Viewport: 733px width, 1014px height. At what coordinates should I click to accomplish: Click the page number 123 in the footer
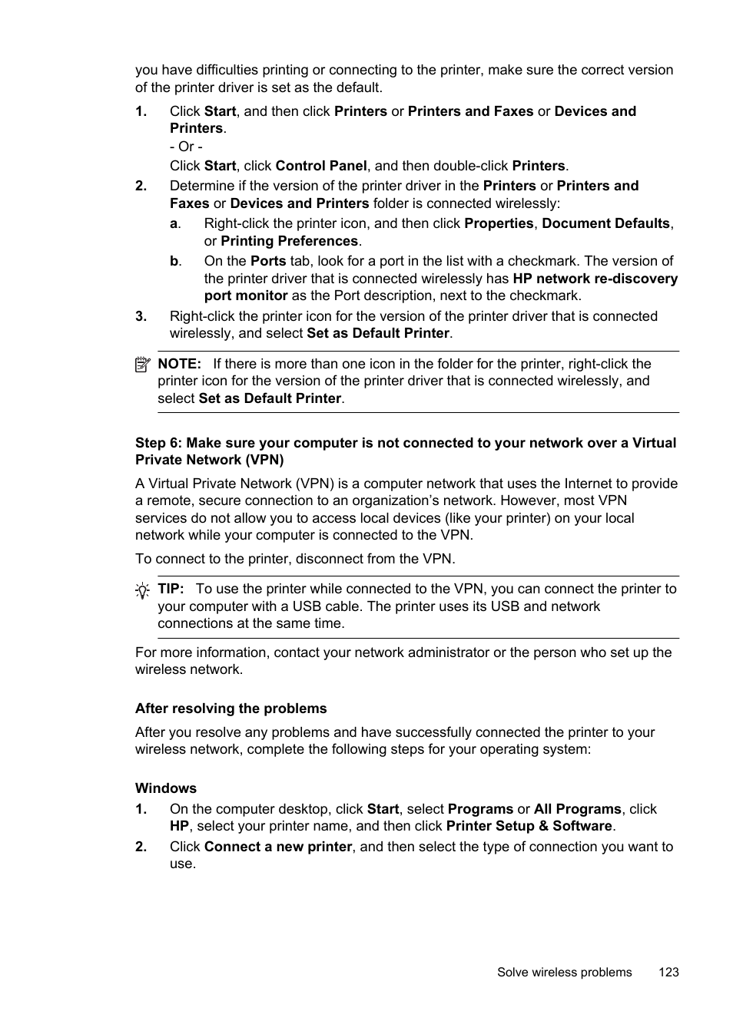[x=668, y=972]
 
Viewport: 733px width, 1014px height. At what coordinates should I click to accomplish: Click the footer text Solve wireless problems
[x=564, y=972]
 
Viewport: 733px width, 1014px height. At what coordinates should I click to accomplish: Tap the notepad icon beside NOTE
[x=142, y=365]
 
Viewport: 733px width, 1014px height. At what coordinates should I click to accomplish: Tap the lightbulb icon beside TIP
[x=142, y=590]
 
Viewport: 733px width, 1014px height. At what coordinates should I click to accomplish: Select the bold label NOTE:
[x=179, y=364]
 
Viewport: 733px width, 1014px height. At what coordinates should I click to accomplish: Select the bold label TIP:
[x=171, y=589]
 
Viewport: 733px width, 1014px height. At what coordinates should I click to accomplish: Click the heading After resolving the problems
[x=231, y=708]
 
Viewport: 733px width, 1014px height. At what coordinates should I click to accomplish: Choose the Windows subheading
[x=166, y=788]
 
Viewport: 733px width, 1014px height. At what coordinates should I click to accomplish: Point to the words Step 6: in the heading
[x=158, y=443]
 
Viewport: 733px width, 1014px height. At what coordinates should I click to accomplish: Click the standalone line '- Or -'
[x=186, y=147]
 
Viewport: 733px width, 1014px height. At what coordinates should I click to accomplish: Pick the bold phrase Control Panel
[x=321, y=166]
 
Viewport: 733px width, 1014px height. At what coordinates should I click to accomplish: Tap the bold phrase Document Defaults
[x=605, y=223]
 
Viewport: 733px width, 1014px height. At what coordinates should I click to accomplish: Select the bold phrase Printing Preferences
[x=289, y=241]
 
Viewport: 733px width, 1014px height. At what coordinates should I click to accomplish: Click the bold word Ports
[x=268, y=261]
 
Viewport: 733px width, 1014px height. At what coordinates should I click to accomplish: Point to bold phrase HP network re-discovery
[x=595, y=279]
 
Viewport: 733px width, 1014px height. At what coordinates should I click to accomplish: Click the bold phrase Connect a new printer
[x=278, y=847]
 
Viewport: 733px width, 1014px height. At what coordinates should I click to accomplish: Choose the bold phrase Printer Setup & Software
[x=529, y=826]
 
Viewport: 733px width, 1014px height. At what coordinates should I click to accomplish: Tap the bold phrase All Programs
[x=577, y=809]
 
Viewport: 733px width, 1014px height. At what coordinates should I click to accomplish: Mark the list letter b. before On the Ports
[x=175, y=261]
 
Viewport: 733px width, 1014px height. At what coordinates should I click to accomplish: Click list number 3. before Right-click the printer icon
[x=141, y=316]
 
